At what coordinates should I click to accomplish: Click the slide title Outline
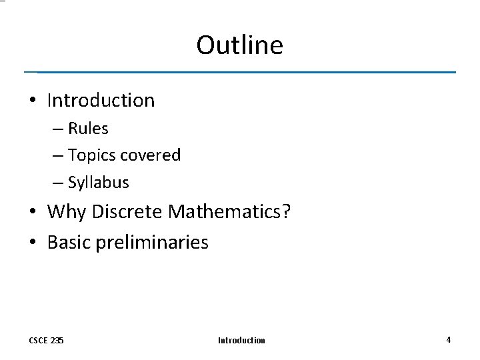click(240, 45)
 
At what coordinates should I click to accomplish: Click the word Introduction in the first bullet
click(101, 101)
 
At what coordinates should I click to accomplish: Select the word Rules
click(88, 128)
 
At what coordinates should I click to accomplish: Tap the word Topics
click(92, 155)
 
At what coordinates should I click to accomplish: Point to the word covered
click(151, 155)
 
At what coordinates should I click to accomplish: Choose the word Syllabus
click(99, 183)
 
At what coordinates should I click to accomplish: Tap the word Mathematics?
click(230, 212)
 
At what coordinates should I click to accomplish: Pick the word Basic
click(69, 242)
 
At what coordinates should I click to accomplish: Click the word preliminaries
click(152, 243)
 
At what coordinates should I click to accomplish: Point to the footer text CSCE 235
click(46, 341)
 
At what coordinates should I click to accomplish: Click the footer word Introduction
click(241, 341)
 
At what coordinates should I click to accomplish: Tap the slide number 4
click(449, 339)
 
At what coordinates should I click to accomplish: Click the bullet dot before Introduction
click(33, 101)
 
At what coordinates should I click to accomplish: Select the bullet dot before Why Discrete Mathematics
click(33, 213)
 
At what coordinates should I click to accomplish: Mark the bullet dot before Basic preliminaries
click(33, 243)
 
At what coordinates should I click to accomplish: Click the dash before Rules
click(57, 129)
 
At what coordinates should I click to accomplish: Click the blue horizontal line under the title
click(240, 72)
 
